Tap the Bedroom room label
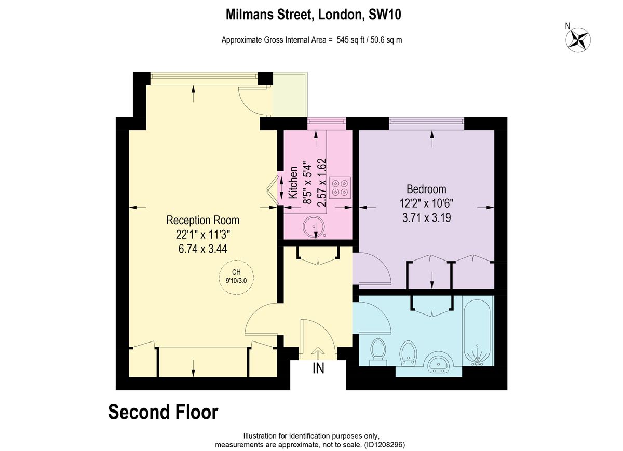tap(426, 189)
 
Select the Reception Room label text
tap(202, 220)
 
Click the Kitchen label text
tap(293, 183)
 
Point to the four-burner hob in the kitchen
tap(341, 187)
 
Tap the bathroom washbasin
tap(439, 364)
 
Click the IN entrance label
tap(318, 369)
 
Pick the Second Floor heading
tap(163, 413)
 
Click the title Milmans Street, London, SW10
tap(314, 15)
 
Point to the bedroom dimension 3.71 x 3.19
tap(426, 218)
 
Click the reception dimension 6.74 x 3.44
tap(202, 249)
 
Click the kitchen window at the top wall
tap(326, 122)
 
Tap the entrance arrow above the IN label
tap(317, 353)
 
